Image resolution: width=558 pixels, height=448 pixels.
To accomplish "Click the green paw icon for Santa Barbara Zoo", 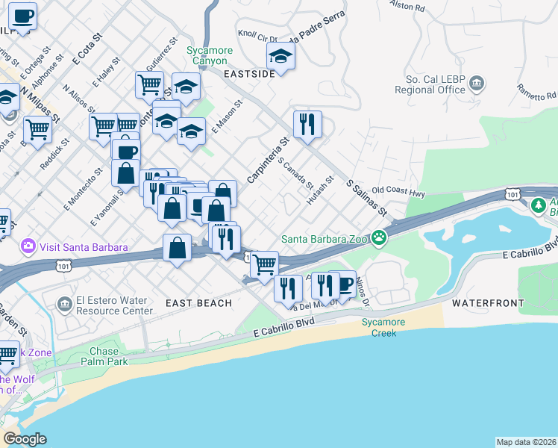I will (380, 239).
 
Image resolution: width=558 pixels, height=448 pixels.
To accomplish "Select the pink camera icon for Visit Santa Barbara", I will (29, 246).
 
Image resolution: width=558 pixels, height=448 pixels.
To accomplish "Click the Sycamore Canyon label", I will (210, 55).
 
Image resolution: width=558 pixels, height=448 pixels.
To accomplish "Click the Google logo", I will (25, 439).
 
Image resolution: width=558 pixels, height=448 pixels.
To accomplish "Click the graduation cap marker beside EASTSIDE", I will (280, 57).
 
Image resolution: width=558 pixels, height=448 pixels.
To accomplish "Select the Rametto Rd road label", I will (536, 94).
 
